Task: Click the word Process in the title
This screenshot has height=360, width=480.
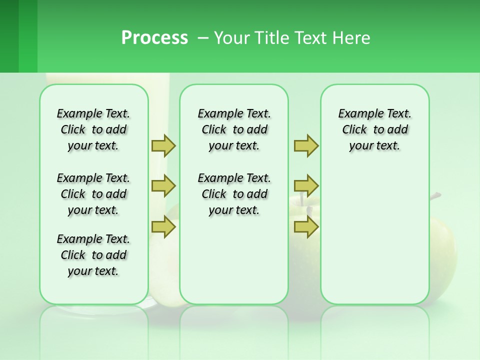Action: (x=154, y=38)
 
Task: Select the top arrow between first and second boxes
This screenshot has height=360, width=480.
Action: (x=163, y=145)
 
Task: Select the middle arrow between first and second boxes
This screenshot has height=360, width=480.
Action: (x=163, y=186)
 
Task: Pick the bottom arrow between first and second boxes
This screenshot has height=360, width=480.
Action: (x=163, y=227)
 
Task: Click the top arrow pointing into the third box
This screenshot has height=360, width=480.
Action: (x=306, y=145)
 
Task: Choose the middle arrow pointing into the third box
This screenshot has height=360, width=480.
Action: (x=306, y=186)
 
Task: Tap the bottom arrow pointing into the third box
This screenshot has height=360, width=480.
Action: (x=306, y=227)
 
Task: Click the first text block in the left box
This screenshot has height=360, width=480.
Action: (x=93, y=129)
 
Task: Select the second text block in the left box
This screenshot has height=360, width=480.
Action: (x=93, y=194)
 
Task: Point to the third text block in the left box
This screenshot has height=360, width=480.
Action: (x=93, y=255)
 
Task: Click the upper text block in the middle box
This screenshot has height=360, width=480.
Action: (x=234, y=129)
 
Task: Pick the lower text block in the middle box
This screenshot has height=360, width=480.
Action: (x=234, y=194)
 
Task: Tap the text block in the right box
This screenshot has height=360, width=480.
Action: (x=374, y=129)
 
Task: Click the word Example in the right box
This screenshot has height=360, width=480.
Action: (x=355, y=114)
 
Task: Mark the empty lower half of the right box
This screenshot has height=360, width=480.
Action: (x=374, y=240)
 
